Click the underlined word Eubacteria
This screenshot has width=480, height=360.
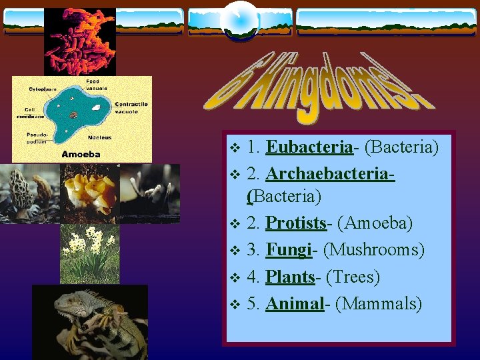pos(309,147)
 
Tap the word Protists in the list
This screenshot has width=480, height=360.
pos(296,224)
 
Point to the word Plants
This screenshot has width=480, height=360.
pos(290,277)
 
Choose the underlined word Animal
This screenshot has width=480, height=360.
pos(294,304)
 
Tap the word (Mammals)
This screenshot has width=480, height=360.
pos(379,304)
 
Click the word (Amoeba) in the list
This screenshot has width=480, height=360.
pos(375,224)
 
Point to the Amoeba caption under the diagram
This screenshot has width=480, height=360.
pos(81,154)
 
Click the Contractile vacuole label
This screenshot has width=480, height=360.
pos(131,107)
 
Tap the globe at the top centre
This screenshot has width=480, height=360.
pos(239,20)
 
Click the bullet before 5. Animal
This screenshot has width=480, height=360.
pos(233,305)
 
